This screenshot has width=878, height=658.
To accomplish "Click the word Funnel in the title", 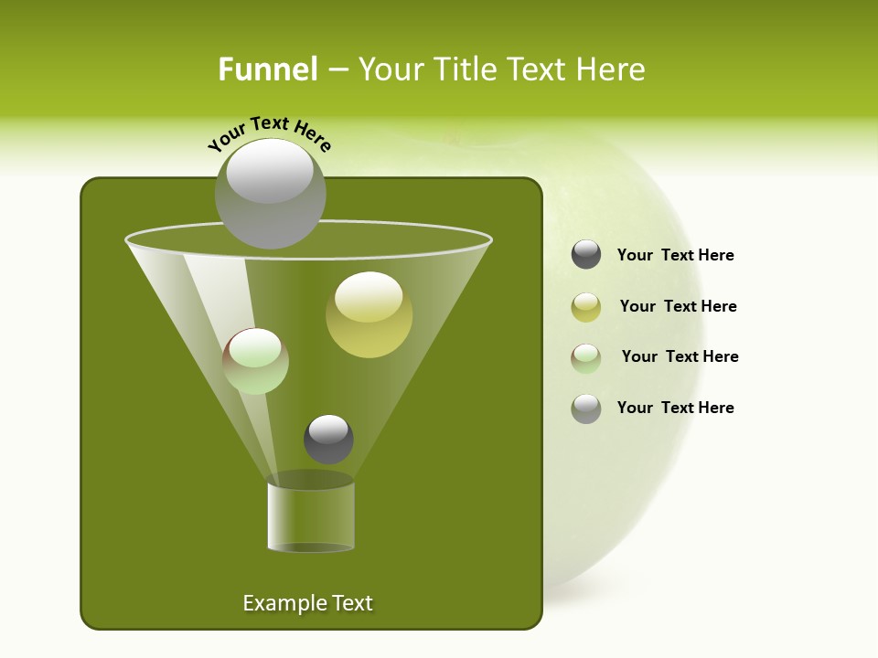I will [267, 69].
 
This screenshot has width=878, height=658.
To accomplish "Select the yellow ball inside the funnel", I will [369, 315].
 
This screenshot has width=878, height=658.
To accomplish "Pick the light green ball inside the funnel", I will [255, 361].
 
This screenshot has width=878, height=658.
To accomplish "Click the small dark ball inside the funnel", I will [328, 440].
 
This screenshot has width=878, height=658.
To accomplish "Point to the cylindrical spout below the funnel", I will [311, 516].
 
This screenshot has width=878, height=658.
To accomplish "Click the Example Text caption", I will [307, 603].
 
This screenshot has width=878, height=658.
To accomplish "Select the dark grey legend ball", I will [586, 255].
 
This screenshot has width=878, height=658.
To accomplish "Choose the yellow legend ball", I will [586, 307].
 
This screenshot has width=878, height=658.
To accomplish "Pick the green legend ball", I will [586, 357].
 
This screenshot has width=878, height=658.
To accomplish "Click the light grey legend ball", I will [586, 409].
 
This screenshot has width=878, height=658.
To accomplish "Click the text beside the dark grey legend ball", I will [675, 256].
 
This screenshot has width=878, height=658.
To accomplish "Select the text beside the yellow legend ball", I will [678, 307].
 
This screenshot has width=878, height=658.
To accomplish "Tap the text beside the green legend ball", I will [680, 357].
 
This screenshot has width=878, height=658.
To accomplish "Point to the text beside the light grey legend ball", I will [675, 409].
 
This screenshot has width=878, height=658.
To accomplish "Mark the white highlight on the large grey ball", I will [270, 171].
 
